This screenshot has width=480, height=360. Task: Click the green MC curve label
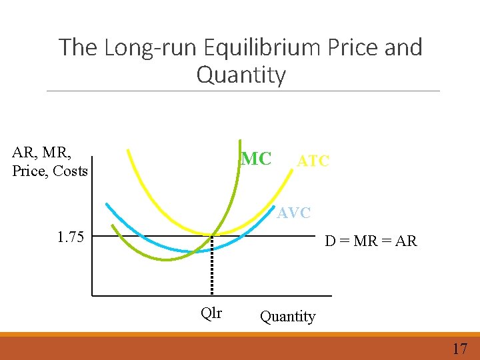click(256, 159)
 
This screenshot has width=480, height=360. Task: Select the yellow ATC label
click(313, 161)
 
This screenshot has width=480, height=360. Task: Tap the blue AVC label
click(294, 213)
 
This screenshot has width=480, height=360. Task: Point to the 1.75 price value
click(71, 237)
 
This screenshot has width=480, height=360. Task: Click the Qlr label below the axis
click(211, 313)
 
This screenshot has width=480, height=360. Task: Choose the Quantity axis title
click(287, 316)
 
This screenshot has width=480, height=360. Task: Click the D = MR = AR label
click(371, 241)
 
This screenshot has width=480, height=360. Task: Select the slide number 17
click(459, 348)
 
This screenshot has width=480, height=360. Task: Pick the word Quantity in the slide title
click(241, 75)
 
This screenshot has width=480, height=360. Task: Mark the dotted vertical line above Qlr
click(212, 267)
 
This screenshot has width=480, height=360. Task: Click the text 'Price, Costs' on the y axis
click(50, 171)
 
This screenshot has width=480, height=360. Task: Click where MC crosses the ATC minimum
click(212, 235)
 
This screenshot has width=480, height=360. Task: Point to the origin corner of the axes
click(92, 295)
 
